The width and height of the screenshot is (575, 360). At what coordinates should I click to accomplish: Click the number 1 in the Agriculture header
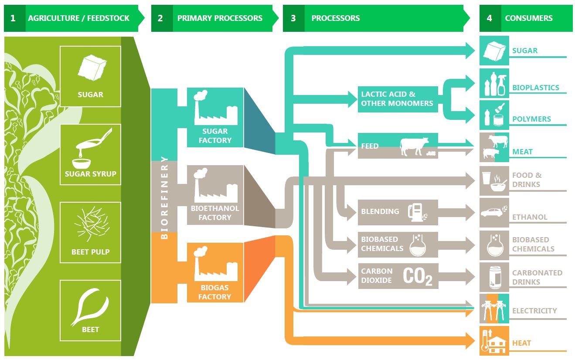point(13,18)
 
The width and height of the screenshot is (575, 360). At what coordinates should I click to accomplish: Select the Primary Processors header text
point(220,18)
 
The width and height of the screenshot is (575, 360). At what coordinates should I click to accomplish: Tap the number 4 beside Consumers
point(490,18)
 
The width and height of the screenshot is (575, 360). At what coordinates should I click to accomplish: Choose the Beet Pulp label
point(90,252)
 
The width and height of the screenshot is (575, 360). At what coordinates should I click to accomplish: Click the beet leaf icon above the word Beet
point(90,307)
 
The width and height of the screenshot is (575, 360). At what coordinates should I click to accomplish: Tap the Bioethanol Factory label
point(215,213)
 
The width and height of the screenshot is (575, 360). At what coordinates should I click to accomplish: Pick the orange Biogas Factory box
point(215,272)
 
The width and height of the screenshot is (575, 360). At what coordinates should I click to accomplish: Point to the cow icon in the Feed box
point(414,146)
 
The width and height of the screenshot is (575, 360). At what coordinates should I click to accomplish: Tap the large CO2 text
point(417,276)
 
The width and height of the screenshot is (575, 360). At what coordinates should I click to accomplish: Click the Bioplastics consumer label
point(535,88)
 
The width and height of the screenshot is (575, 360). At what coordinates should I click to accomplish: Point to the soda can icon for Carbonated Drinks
point(494,277)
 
